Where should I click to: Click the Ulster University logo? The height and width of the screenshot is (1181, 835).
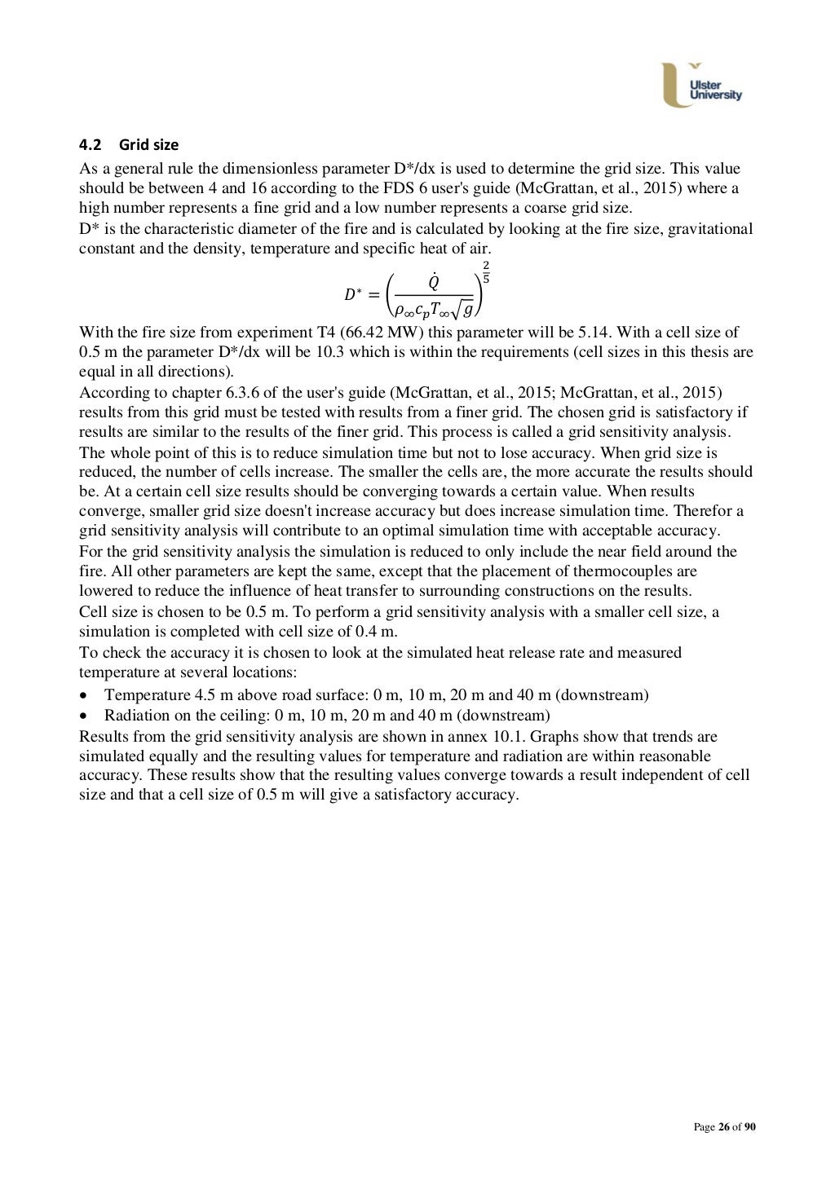coord(703,85)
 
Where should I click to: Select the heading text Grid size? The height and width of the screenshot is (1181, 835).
coord(148,145)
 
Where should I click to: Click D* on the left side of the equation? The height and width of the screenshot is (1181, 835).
coord(353,293)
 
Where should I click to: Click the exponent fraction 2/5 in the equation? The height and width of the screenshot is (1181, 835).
coord(486,273)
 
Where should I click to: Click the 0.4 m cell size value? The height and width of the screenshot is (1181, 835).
coord(380,632)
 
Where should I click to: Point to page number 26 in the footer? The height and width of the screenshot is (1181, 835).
coord(723,1127)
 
